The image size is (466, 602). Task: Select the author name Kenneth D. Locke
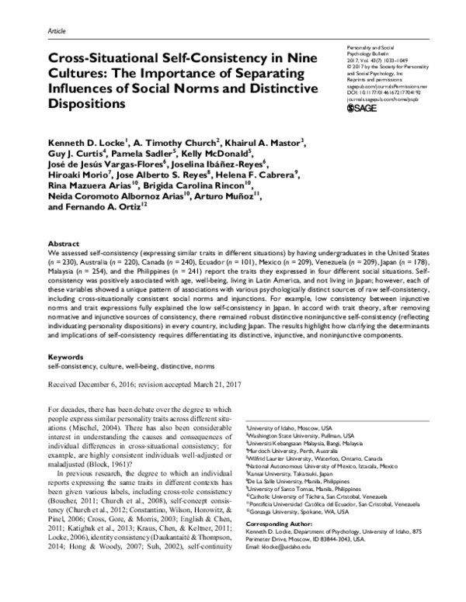pyautogui.click(x=86, y=141)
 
